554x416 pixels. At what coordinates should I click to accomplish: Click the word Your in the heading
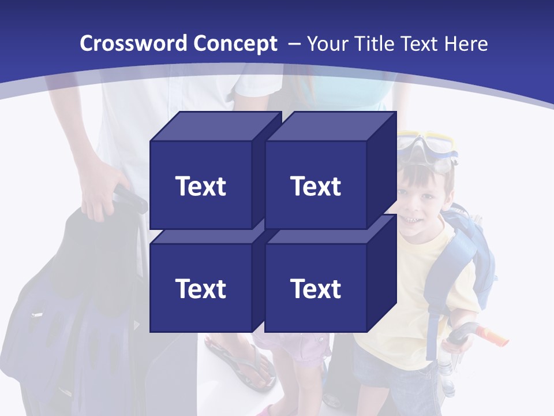(326, 44)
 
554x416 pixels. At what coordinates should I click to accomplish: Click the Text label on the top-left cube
(200, 186)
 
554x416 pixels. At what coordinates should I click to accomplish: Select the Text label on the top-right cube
(316, 186)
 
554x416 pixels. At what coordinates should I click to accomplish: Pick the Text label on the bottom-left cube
(200, 288)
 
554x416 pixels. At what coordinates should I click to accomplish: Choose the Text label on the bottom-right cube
(316, 288)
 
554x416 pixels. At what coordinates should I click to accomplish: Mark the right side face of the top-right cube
(382, 168)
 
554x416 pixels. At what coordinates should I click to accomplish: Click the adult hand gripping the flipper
(98, 194)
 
